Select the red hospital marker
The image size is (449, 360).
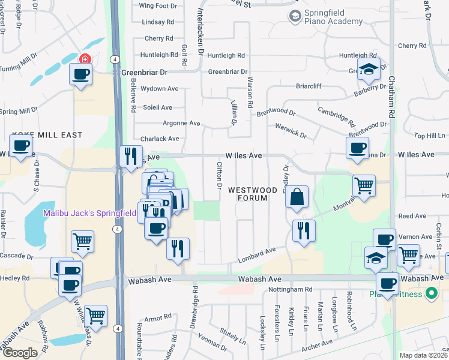[85, 59]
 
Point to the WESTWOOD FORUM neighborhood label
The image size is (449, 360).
[253, 194]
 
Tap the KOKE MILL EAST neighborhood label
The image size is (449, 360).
[46, 135]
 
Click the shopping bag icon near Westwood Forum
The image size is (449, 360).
[297, 197]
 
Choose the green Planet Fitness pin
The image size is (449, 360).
[430, 293]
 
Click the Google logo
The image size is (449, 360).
[20, 352]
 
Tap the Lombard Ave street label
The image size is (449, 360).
[256, 254]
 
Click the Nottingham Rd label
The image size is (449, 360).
[292, 289]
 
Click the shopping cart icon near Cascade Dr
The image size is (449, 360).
[82, 241]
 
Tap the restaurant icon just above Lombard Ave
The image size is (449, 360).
[304, 230]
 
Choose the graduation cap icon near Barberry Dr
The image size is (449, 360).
[369, 70]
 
